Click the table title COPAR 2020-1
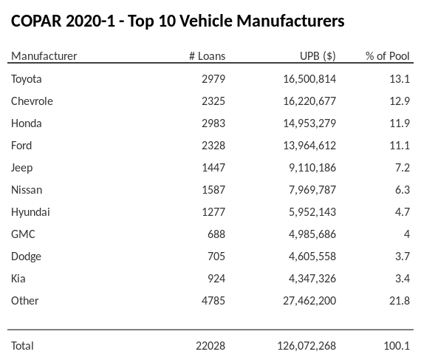tap(177, 21)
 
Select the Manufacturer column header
tap(44, 56)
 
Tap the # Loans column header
tap(207, 56)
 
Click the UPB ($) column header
tap(318, 56)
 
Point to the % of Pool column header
tap(387, 56)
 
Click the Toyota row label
tap(27, 79)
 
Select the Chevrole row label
tap(32, 101)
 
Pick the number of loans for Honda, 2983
tap(213, 123)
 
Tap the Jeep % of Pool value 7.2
tap(403, 168)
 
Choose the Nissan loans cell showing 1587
tap(213, 190)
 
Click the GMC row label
tap(23, 234)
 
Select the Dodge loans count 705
tap(216, 257)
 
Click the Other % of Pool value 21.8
tap(400, 301)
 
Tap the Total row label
tap(22, 345)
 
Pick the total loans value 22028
tap(210, 345)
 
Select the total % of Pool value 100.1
tap(397, 345)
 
